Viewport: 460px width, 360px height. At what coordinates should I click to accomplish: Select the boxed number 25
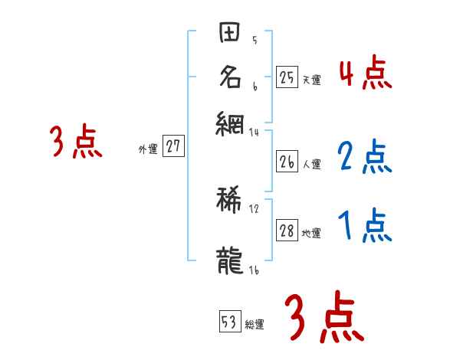point(287,77)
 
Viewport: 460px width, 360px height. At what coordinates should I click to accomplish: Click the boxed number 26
point(287,162)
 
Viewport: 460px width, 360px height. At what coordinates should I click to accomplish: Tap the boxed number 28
point(287,231)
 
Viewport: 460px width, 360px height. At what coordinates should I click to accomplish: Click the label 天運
point(311,80)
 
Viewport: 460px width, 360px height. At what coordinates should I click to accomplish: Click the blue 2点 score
point(365,157)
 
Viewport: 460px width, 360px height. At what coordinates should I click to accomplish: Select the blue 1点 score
point(365,226)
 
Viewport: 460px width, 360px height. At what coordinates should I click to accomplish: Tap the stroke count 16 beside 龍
point(254,270)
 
